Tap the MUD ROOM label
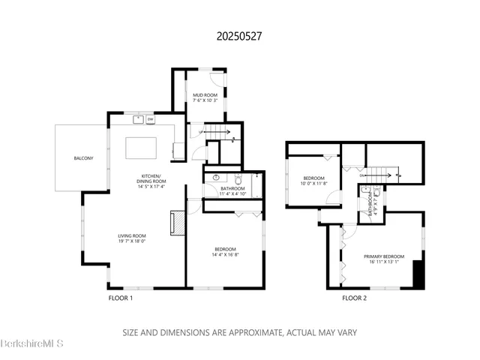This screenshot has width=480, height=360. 205,94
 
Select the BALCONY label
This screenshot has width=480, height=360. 83,158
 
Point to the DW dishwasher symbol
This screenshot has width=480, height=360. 151,119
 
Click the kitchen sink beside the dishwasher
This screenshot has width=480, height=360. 139,118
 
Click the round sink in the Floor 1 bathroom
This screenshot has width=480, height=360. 216,178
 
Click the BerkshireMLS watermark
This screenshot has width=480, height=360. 32,344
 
